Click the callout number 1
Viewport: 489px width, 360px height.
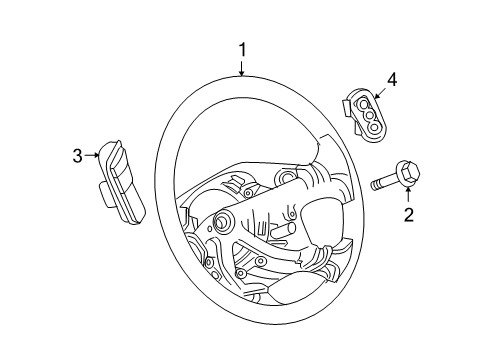241,48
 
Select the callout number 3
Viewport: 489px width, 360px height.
77,155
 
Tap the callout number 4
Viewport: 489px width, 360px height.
392,77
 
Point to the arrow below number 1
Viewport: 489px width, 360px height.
241,68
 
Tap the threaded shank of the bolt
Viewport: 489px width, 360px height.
384,182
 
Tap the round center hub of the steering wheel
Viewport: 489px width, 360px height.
219,221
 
